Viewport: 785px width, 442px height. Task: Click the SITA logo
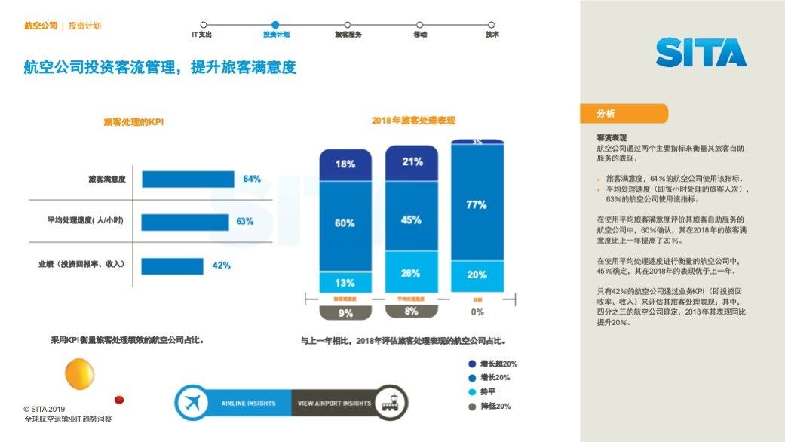point(701,53)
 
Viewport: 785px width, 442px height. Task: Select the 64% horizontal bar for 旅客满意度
point(188,180)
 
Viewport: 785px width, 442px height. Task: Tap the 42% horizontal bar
point(173,266)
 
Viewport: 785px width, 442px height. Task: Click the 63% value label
point(245,222)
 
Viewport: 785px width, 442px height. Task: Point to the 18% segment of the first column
point(345,164)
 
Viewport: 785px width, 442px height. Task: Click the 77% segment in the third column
point(477,204)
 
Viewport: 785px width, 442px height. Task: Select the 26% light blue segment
point(411,273)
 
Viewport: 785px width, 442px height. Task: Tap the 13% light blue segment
point(345,283)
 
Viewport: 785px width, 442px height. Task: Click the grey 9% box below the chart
point(345,312)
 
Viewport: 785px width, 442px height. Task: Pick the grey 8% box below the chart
point(411,311)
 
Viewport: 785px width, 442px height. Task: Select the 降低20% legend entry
point(494,407)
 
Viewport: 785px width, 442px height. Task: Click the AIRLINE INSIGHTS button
point(234,404)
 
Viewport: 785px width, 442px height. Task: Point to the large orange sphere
point(79,373)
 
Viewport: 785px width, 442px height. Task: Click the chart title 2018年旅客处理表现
point(412,121)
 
